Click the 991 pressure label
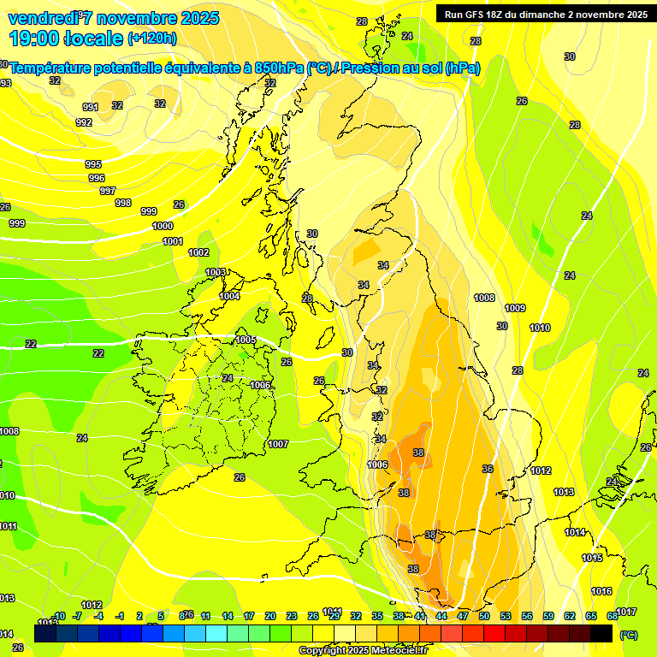[91, 107]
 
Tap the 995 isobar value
[93, 164]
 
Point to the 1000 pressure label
[163, 226]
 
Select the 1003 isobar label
[216, 272]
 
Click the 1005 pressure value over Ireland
[246, 340]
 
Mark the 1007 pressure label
[278, 444]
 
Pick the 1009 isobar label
[515, 308]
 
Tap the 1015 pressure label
[592, 558]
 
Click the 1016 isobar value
[601, 591]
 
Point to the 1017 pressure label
[626, 612]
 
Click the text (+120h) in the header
[152, 38]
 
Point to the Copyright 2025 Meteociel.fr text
[362, 650]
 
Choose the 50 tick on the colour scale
[484, 616]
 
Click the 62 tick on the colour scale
[570, 616]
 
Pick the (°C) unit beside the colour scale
[628, 635]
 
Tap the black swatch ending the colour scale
[601, 633]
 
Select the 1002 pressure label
[198, 252]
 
